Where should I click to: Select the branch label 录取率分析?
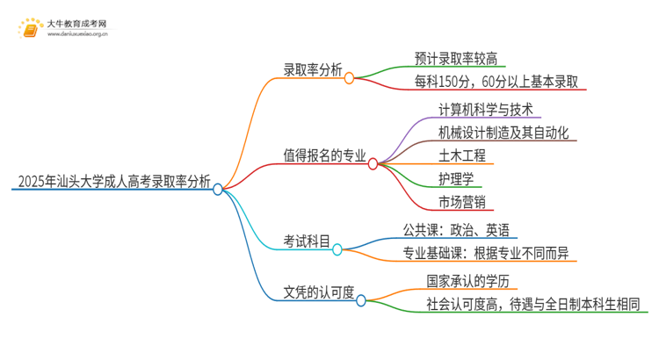312,71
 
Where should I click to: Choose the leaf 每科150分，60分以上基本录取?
499,83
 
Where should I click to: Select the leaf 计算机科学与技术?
488,108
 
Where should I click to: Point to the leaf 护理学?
457,179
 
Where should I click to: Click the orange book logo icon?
30,29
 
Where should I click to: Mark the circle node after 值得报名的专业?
373,163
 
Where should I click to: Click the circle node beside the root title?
218,189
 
